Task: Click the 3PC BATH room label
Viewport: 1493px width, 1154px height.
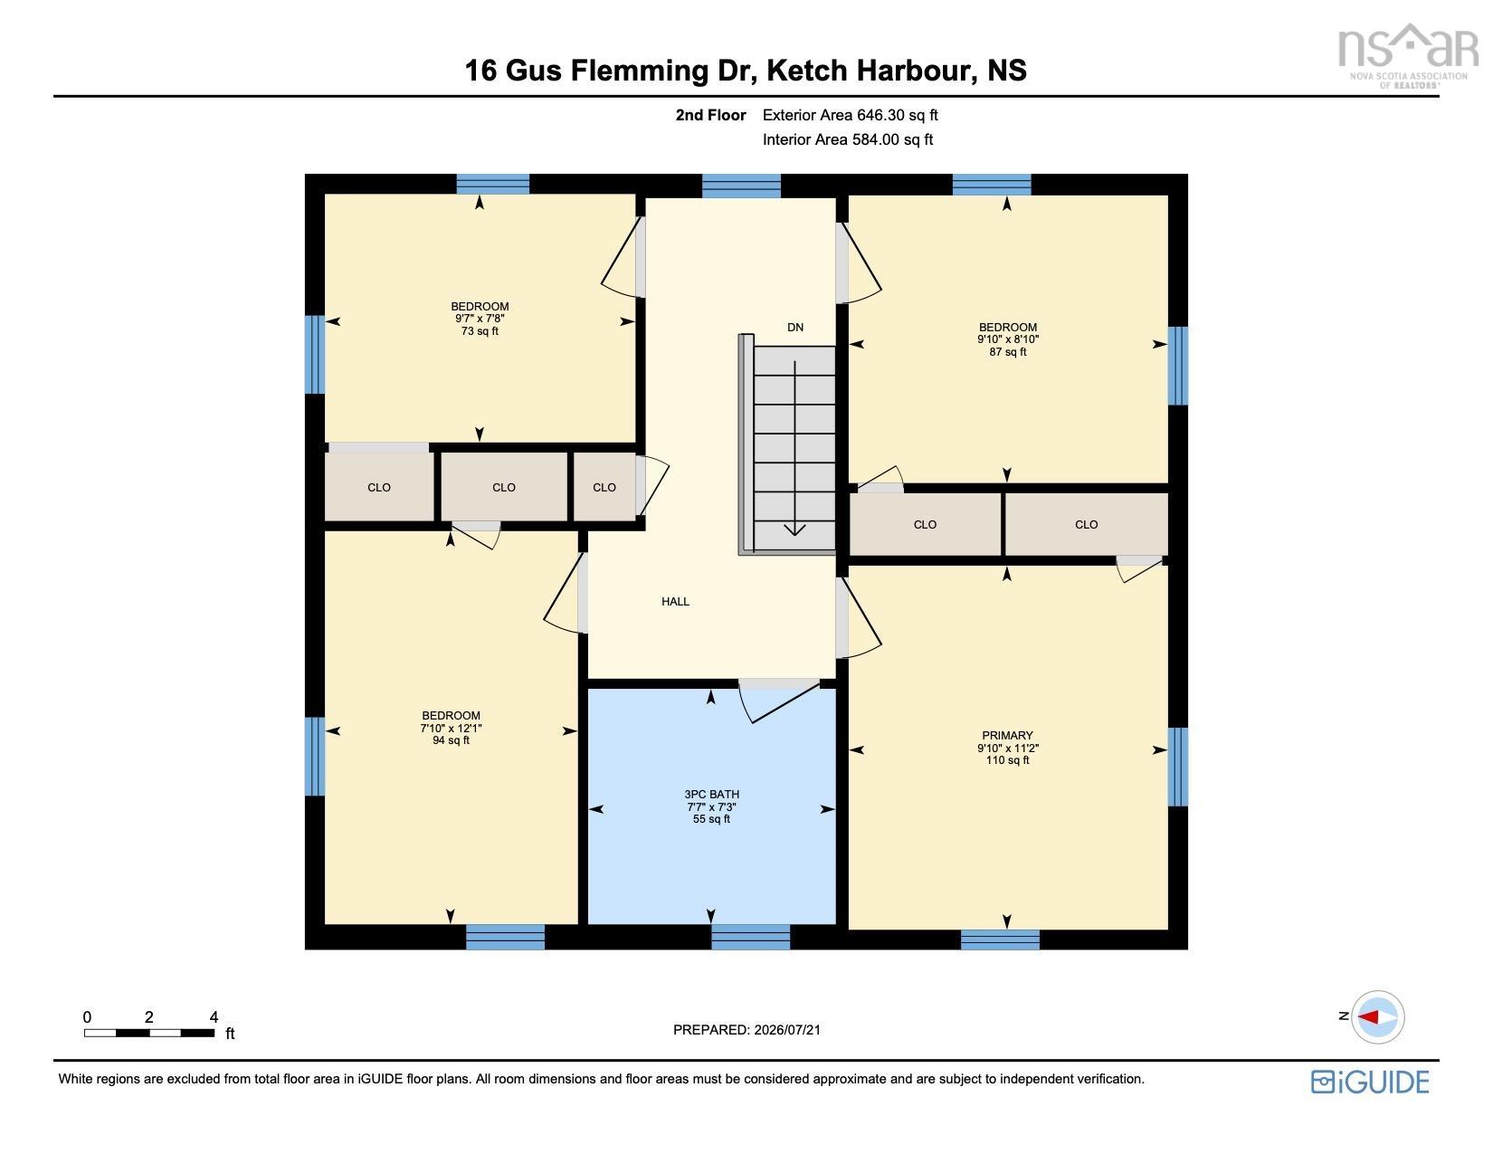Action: pos(711,794)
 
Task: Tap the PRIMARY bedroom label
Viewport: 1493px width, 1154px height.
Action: pos(1007,736)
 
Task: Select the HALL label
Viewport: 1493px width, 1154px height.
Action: pos(675,601)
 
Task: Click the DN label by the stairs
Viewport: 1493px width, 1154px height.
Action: pos(795,327)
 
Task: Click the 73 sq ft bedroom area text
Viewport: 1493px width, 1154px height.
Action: pos(480,330)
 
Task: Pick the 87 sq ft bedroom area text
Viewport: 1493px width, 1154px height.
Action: pos(1008,352)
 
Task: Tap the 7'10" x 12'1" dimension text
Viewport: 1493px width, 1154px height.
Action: pos(451,728)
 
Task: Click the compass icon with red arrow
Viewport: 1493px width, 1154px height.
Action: pos(1377,1016)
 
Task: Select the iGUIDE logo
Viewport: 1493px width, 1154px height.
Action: pos(1370,1082)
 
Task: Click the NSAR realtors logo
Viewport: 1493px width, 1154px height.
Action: pos(1408,55)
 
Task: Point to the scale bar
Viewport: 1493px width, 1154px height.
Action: pos(149,1033)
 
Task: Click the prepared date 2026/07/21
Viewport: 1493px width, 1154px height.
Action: pos(787,1030)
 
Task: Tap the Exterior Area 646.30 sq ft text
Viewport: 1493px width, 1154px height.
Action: pos(850,115)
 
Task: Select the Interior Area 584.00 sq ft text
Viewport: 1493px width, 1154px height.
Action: pos(848,139)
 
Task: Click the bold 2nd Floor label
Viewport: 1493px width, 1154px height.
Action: pos(710,115)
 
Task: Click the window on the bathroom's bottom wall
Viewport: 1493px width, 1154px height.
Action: pos(750,937)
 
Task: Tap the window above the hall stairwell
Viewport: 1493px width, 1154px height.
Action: pos(741,186)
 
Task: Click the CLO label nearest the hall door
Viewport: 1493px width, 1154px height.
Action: pos(604,487)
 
